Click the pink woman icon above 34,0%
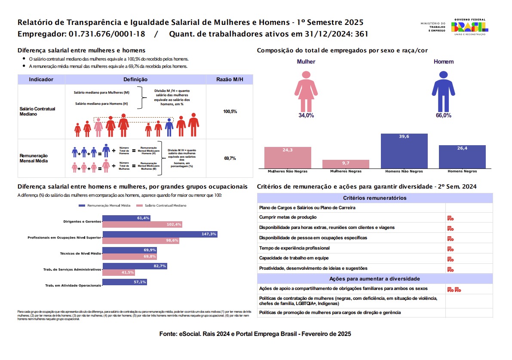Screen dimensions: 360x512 pyautogui.click(x=306, y=90)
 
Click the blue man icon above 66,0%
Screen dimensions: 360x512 pyautogui.click(x=443, y=90)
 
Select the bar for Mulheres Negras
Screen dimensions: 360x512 pyautogui.click(x=346, y=164)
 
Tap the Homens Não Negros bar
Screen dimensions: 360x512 pyautogui.click(x=404, y=151)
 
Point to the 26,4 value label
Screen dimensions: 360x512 pyautogui.click(x=462, y=149)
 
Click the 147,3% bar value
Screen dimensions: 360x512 pyautogui.click(x=209, y=234)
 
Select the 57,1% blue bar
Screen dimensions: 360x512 pyautogui.click(x=125, y=282)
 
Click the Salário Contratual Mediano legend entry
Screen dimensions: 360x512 pyautogui.click(x=162, y=206)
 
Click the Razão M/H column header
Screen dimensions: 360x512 pyautogui.click(x=230, y=79)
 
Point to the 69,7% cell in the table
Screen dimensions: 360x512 pyautogui.click(x=230, y=159)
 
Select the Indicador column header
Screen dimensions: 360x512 pyautogui.click(x=41, y=79)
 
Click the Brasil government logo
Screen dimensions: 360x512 pyautogui.click(x=469, y=27)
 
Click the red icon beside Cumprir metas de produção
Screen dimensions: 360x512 pyautogui.click(x=451, y=218)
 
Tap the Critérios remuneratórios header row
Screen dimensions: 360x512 pyautogui.click(x=375, y=198)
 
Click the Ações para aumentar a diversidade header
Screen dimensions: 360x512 pyautogui.click(x=375, y=279)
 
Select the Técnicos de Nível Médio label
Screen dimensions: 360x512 pyautogui.click(x=80, y=253)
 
